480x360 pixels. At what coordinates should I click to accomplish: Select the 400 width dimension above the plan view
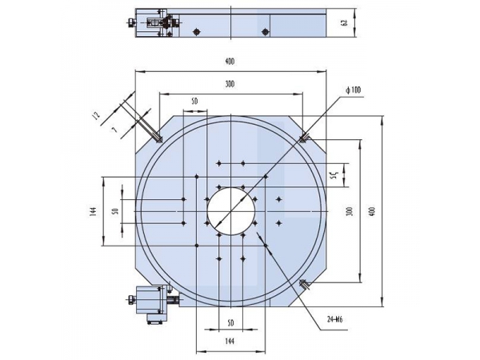(230, 62)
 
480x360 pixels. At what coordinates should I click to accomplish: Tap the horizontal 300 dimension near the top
(230, 83)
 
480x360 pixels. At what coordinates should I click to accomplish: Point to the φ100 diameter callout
(354, 90)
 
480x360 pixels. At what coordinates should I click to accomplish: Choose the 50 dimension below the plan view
(230, 322)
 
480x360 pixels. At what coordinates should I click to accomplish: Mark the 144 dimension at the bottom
(230, 341)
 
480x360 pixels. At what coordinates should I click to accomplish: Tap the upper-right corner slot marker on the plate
(304, 139)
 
